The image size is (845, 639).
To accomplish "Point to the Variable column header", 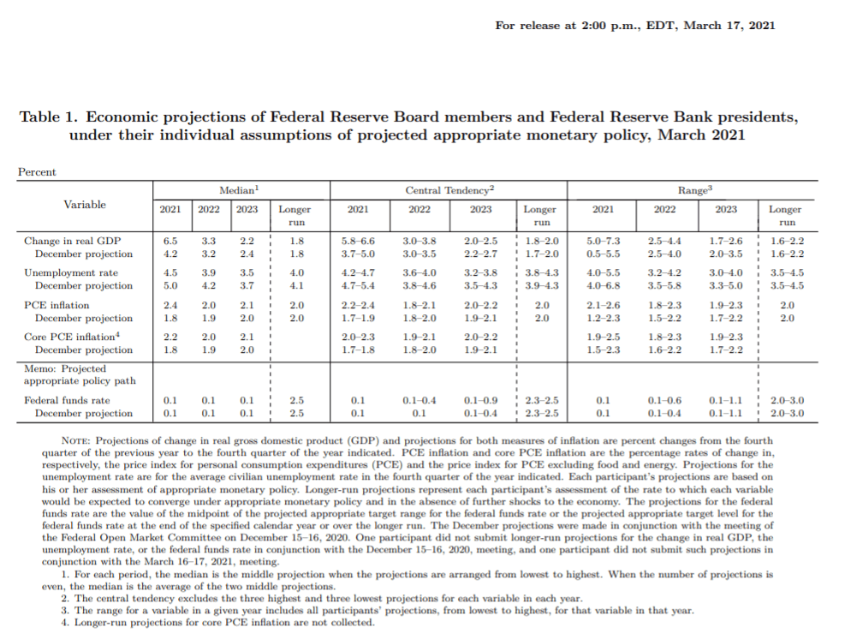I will (85, 204).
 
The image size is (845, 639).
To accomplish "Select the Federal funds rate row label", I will (67, 401).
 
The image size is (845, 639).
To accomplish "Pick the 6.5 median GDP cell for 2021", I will (170, 241).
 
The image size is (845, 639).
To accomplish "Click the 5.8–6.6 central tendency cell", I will (358, 241).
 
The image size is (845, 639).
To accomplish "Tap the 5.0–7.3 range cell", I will (604, 241).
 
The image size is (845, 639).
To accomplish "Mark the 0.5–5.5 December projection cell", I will (604, 254).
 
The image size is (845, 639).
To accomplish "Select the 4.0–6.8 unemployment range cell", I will (604, 286).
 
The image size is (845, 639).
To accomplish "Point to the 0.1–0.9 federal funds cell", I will (480, 401).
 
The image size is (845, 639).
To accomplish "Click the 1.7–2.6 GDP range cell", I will (726, 241).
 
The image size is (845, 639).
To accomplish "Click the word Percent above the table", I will (37, 172).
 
